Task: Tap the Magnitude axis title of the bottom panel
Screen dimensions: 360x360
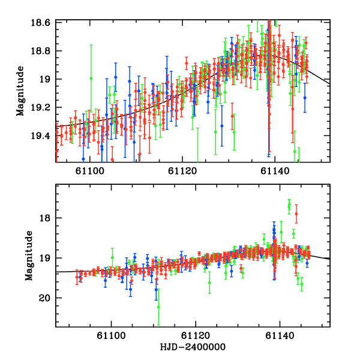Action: click(29, 257)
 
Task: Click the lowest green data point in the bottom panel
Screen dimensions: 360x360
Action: click(158, 307)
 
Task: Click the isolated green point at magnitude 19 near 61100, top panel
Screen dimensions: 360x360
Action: click(91, 78)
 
